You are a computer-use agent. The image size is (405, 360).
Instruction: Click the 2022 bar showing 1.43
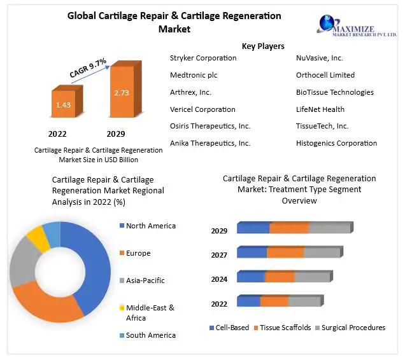(x=63, y=104)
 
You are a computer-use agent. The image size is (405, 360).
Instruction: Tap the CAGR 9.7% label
(x=88, y=67)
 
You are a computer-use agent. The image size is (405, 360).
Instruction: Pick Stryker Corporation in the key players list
(x=203, y=58)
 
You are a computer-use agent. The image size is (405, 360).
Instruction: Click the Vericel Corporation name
(x=202, y=109)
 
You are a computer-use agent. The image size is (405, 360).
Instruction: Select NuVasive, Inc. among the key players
(x=320, y=58)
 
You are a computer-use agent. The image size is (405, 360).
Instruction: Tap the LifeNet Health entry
(x=320, y=109)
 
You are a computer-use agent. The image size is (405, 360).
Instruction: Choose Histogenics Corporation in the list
(x=336, y=143)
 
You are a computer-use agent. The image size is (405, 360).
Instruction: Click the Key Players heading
(x=263, y=46)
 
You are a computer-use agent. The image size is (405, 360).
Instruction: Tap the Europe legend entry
(x=138, y=253)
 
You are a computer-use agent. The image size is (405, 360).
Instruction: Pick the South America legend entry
(x=150, y=335)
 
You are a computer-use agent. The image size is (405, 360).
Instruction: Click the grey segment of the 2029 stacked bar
(x=329, y=228)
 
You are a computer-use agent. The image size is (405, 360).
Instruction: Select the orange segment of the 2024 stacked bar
(x=279, y=277)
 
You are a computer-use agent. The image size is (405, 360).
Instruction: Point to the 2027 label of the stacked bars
(x=219, y=255)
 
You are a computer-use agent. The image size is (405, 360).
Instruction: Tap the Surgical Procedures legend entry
(x=353, y=328)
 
